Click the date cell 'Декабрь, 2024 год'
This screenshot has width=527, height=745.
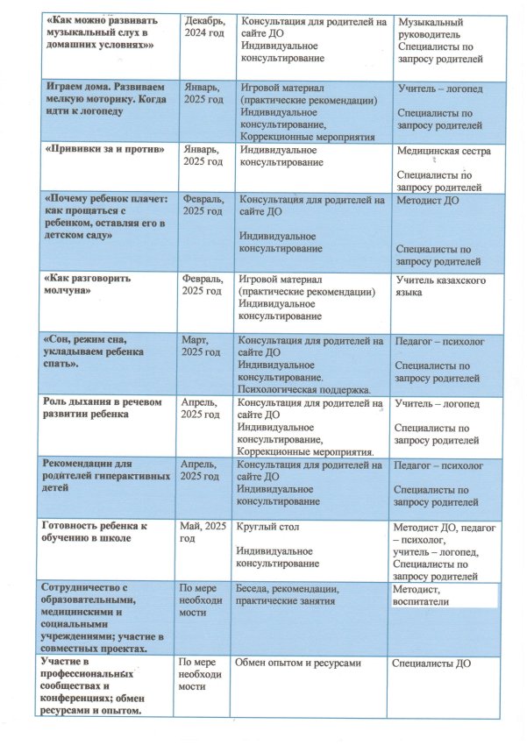pos(205,27)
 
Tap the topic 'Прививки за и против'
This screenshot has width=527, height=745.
pos(104,151)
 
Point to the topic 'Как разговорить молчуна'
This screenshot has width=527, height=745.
pos(88,285)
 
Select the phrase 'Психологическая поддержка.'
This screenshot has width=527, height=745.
pos(303,387)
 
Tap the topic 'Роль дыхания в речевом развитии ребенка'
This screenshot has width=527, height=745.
pos(96,409)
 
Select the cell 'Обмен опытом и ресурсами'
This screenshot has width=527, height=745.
pos(299,663)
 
